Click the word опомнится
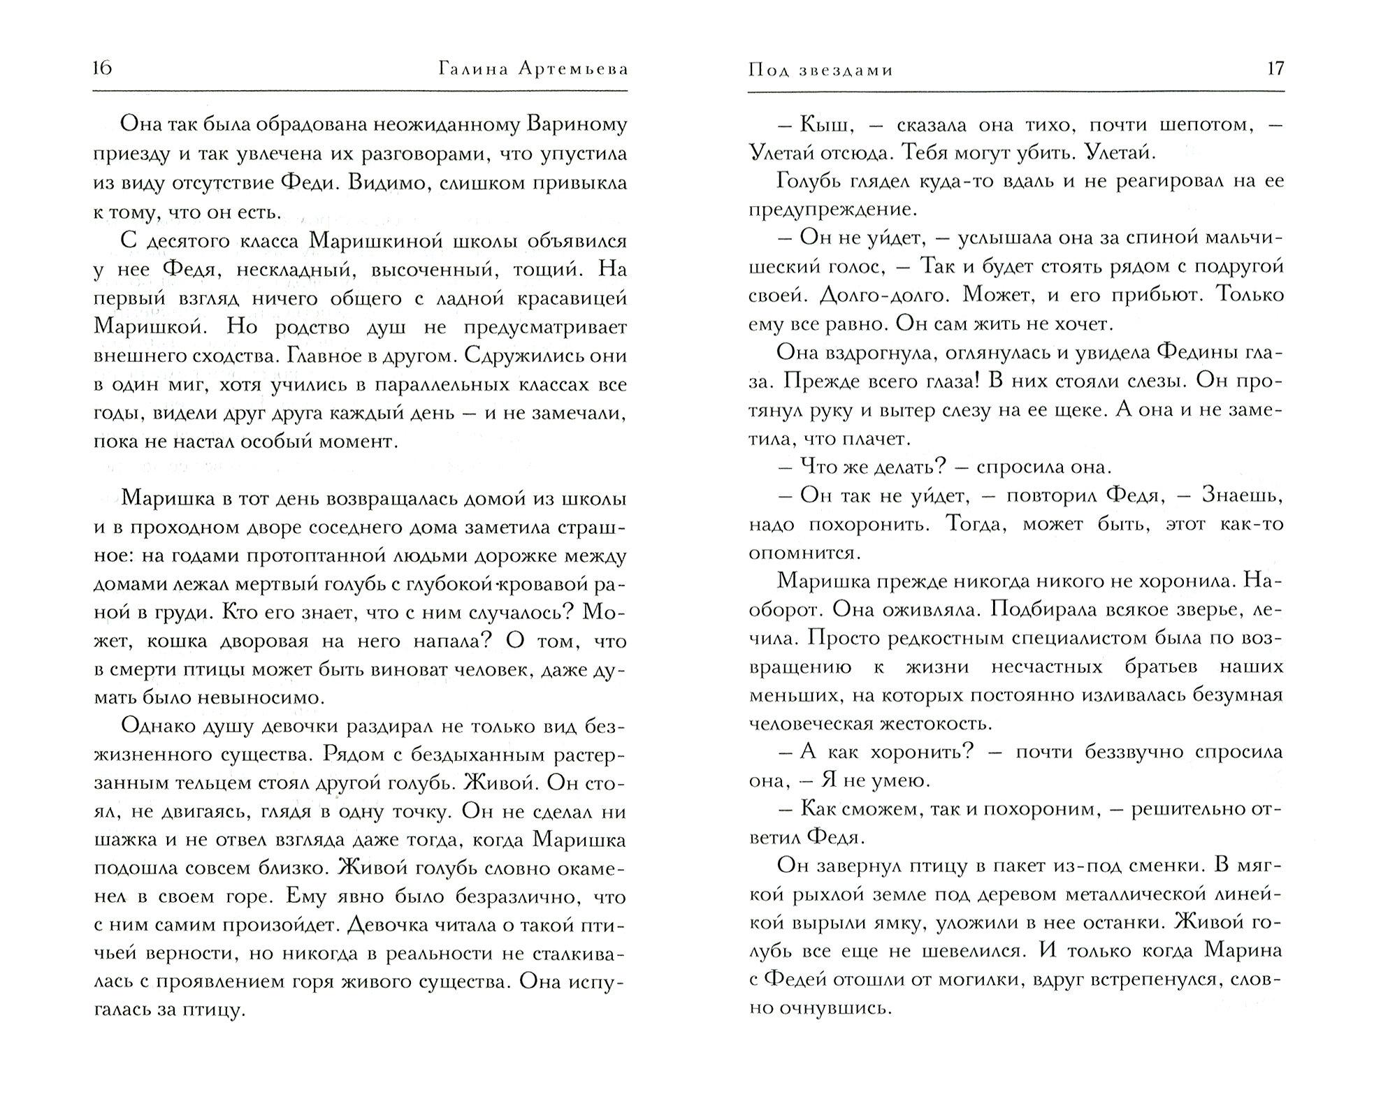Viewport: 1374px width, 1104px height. point(802,553)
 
